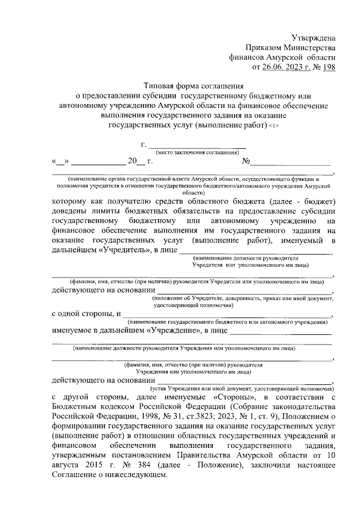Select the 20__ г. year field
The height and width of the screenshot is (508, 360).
(x=140, y=162)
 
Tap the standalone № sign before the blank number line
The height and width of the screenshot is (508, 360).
(x=246, y=162)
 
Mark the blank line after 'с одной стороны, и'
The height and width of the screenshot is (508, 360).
(x=228, y=315)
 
